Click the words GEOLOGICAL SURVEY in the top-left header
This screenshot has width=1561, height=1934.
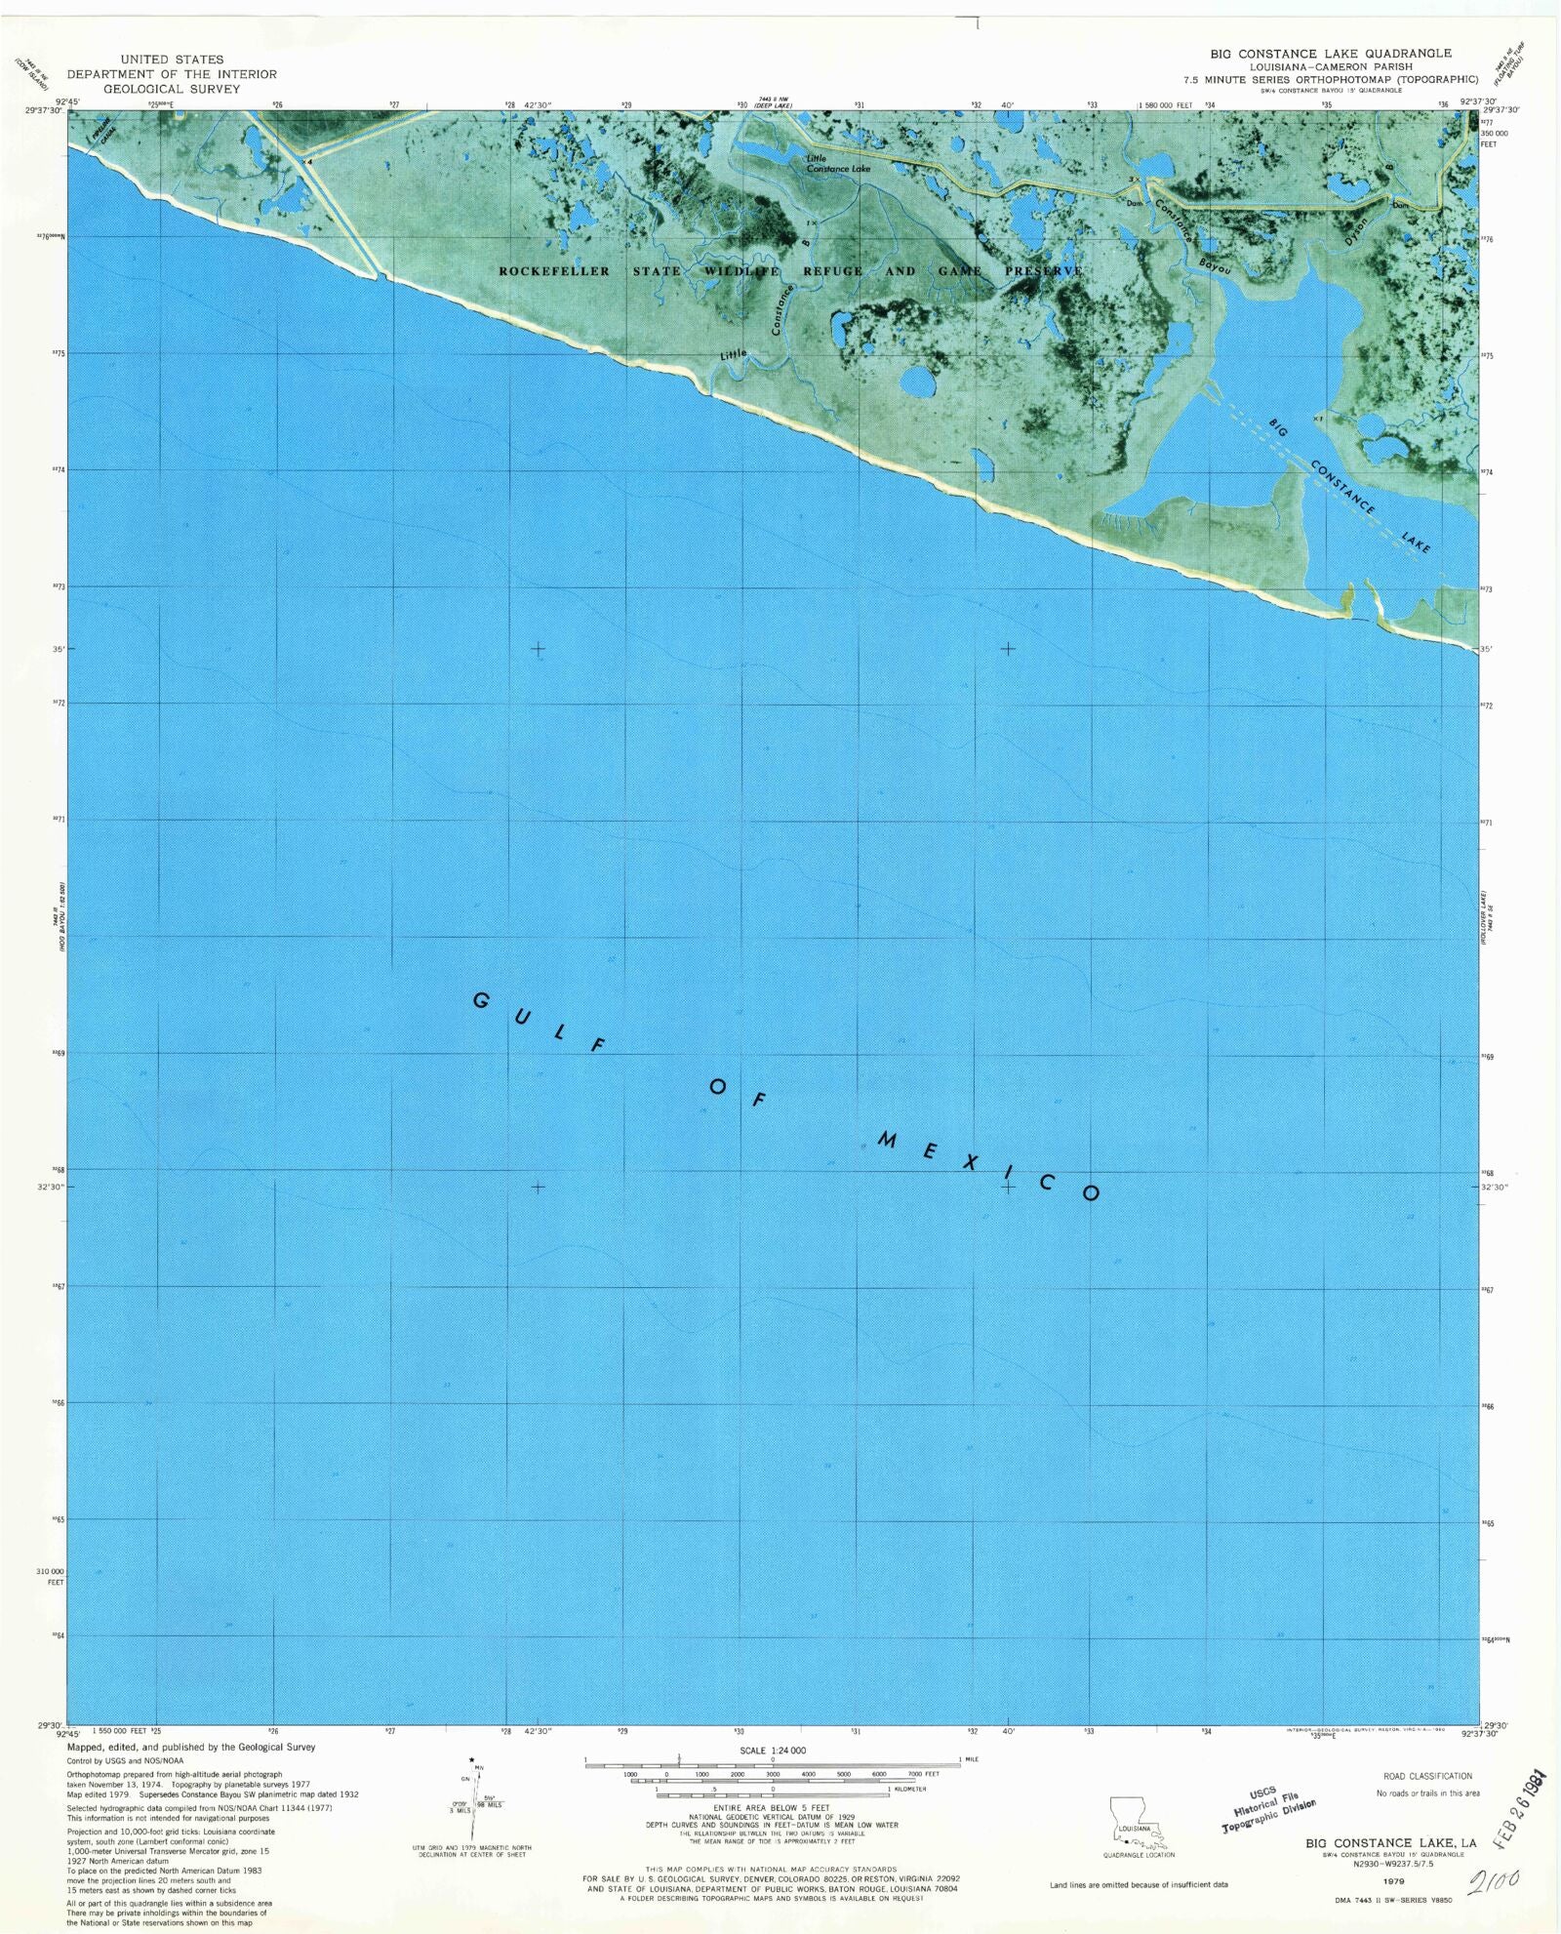(172, 89)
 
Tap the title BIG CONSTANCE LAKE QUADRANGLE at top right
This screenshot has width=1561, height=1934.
(1331, 54)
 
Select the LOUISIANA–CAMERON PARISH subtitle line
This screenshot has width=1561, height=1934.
(1331, 67)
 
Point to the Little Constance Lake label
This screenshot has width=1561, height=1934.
(837, 163)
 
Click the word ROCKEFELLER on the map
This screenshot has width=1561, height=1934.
(554, 271)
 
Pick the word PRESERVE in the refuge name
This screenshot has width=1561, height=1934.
(1043, 271)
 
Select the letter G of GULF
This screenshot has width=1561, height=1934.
(481, 1000)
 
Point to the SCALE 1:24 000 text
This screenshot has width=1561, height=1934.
(773, 1751)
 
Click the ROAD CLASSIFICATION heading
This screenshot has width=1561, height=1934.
(1427, 1776)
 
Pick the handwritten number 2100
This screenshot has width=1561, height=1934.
(1500, 1878)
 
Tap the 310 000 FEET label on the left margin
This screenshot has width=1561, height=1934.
(50, 1576)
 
